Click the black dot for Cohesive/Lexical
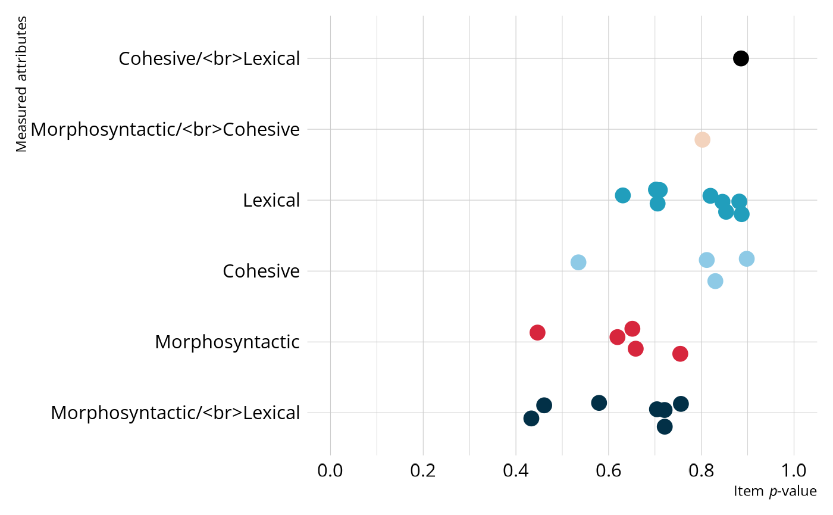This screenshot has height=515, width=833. point(740,58)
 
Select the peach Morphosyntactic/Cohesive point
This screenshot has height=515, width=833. point(702,139)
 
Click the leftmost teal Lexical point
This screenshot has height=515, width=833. point(622,195)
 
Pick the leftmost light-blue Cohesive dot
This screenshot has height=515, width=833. point(578,262)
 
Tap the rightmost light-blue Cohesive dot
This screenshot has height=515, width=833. point(747,258)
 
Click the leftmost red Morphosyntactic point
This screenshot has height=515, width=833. point(537,332)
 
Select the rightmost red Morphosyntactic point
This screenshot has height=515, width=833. point(680,354)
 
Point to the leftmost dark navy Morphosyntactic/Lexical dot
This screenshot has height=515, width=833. point(531,419)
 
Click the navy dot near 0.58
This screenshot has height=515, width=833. point(599,402)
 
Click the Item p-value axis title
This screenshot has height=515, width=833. point(775,492)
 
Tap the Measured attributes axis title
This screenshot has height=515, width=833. point(22,85)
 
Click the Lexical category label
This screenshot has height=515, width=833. point(271,201)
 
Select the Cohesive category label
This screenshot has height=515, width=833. point(261,271)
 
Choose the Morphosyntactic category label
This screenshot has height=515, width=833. point(227,342)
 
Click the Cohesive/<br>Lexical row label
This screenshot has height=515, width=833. point(208,59)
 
